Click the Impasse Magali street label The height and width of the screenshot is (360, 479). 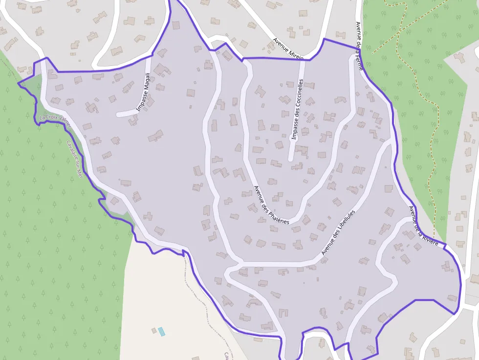coord(143,92)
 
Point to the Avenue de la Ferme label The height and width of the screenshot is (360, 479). coord(359,46)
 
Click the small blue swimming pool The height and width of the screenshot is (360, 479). coord(161,332)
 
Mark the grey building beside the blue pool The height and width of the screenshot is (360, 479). coord(154,331)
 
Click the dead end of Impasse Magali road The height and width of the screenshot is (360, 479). coord(119,115)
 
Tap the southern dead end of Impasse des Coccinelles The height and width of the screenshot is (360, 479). coord(291,159)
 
